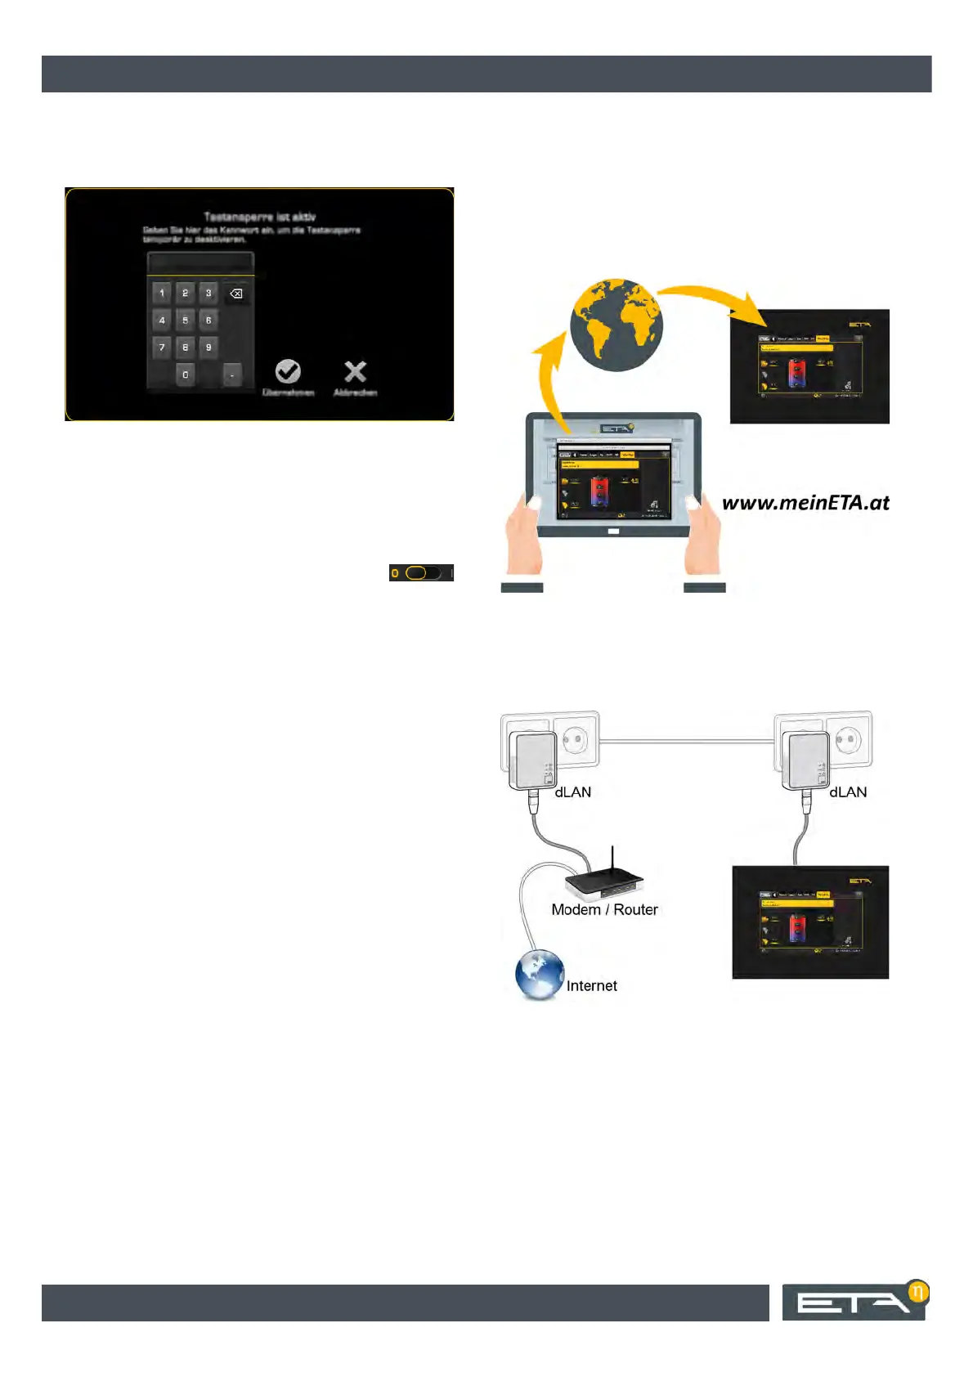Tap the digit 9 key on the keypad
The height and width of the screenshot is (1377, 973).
click(x=208, y=348)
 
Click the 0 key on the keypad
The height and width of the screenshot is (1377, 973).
click(x=186, y=375)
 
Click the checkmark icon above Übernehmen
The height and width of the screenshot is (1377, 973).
click(x=288, y=372)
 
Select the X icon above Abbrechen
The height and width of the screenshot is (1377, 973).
click(x=355, y=372)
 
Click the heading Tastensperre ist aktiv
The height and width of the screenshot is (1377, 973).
click(x=259, y=217)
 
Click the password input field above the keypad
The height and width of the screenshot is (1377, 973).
click(x=200, y=263)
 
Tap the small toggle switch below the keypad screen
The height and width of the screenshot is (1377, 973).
click(x=420, y=572)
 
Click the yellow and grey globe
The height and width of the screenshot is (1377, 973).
click(x=616, y=325)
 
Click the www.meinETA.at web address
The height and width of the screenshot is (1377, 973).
click(x=805, y=502)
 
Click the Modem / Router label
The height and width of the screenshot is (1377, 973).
click(x=604, y=909)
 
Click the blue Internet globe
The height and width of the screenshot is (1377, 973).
click(x=539, y=975)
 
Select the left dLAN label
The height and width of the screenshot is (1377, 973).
click(x=572, y=792)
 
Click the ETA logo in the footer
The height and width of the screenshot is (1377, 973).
click(x=854, y=1301)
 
